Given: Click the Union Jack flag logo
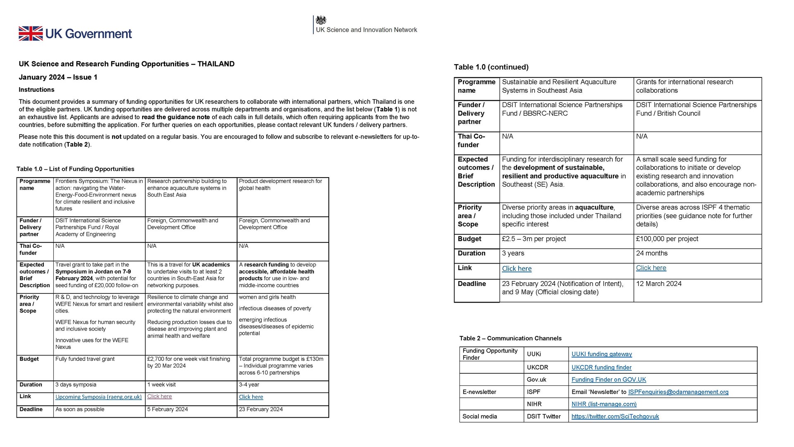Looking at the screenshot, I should click(31, 34).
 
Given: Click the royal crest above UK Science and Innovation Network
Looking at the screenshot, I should click(321, 20).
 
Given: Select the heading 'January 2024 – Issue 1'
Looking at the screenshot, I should click(58, 77).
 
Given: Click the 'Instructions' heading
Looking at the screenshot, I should click(36, 90).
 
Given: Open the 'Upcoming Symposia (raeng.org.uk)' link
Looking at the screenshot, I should click(98, 397).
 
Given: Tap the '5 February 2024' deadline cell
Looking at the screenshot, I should click(167, 409).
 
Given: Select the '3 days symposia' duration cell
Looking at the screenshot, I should click(76, 385).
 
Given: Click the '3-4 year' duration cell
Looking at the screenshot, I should click(249, 385).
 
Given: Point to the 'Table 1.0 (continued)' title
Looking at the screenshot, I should click(491, 67).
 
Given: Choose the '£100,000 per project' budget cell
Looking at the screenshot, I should click(667, 239).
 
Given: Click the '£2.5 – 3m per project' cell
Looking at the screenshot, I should click(533, 239).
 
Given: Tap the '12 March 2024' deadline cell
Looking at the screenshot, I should click(658, 284).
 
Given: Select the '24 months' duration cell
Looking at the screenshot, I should click(652, 253).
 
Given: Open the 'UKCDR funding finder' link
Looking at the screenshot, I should click(601, 368).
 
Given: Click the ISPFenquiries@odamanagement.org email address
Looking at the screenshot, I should click(678, 392).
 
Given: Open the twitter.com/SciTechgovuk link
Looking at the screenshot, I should click(615, 416).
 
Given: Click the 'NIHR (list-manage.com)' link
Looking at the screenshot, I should click(604, 404).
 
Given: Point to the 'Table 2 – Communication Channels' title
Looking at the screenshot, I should click(510, 339).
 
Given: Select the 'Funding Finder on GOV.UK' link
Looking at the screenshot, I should click(608, 380).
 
